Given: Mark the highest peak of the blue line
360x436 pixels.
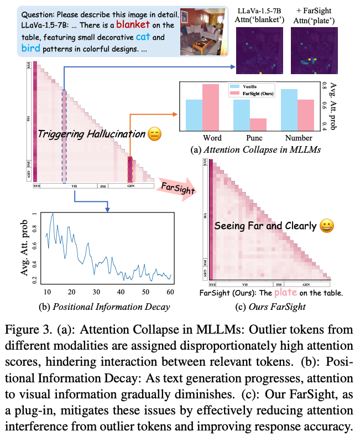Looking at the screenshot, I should point(53,213).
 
